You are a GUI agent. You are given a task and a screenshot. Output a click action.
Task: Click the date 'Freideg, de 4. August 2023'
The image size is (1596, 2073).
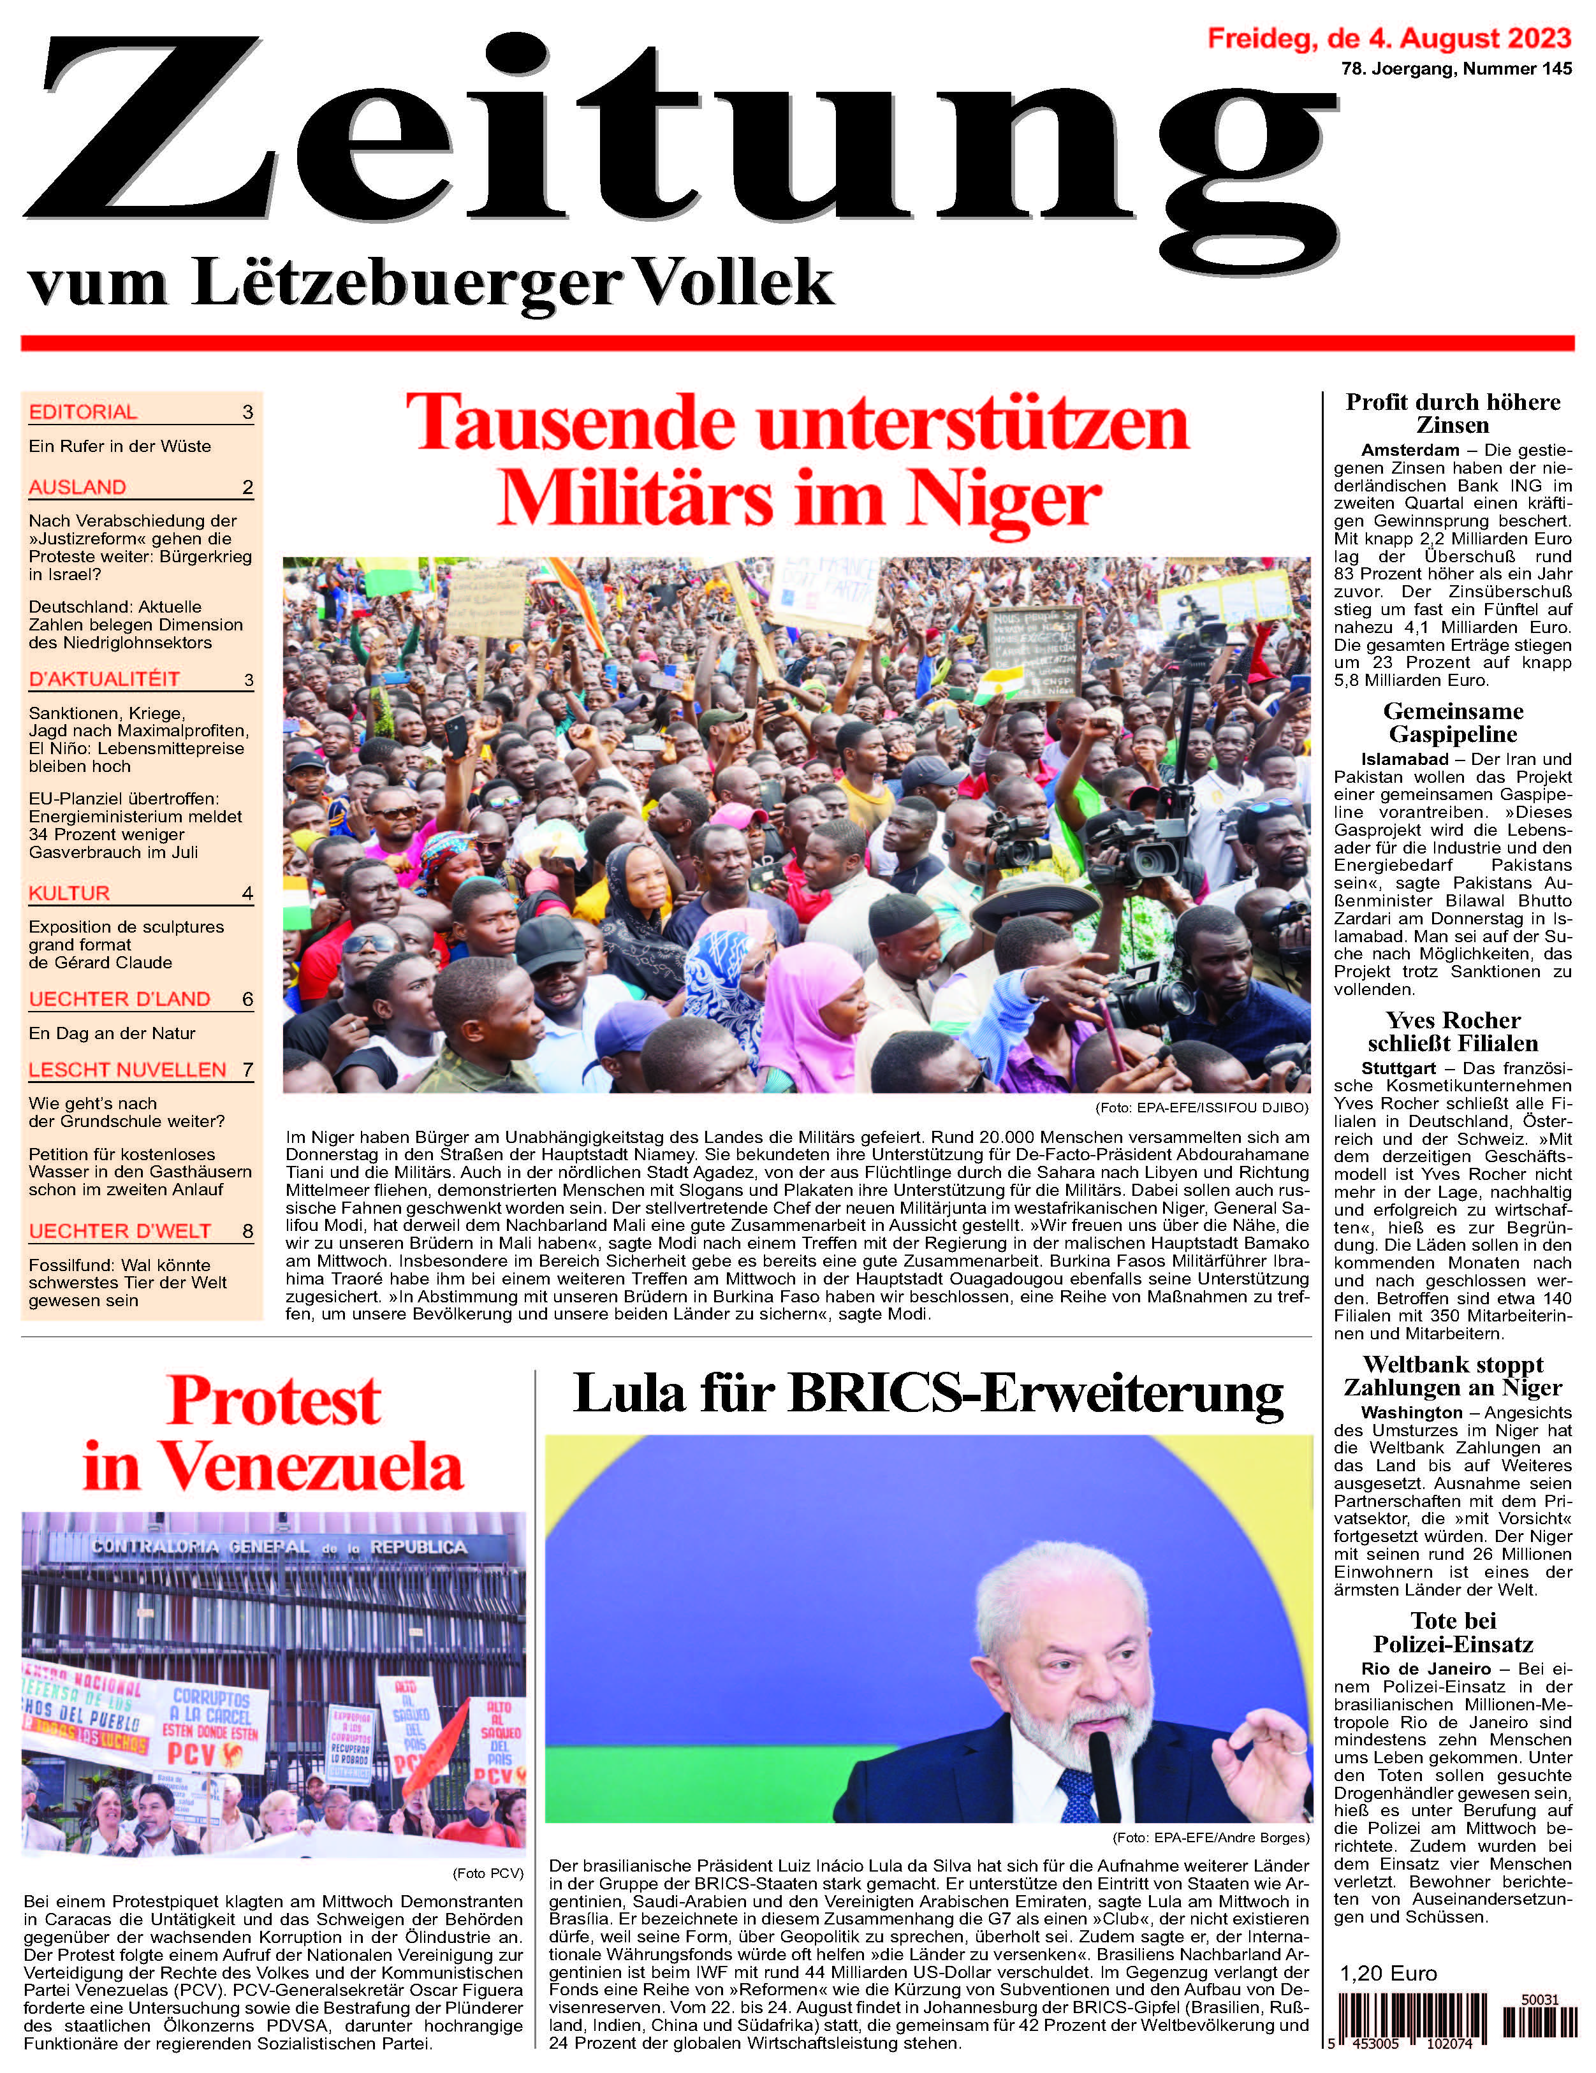pyautogui.click(x=1389, y=39)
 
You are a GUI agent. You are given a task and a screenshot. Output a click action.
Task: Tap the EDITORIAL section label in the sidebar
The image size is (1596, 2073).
pyautogui.click(x=83, y=412)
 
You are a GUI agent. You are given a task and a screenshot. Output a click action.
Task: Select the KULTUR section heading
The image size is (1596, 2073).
pyautogui.click(x=70, y=893)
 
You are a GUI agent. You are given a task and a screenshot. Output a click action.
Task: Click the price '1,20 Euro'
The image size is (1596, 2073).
pyautogui.click(x=1388, y=1974)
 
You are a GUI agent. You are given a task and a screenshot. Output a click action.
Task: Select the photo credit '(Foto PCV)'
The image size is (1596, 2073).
pyautogui.click(x=488, y=1873)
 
